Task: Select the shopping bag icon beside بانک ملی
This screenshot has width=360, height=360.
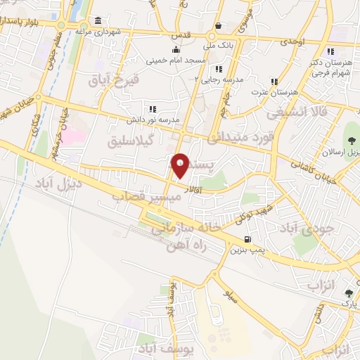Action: [x=219, y=26]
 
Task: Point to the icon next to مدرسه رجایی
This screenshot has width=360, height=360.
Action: [x=219, y=69]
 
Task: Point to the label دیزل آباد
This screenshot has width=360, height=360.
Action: [x=56, y=186]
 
